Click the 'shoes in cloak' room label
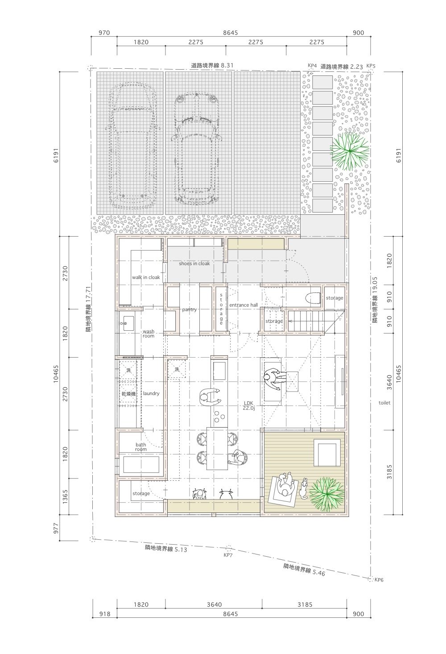pos(194,263)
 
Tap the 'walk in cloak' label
pos(146,277)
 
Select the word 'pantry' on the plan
pos(189,310)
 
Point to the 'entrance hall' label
pos(244,305)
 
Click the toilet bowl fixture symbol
pos(312,298)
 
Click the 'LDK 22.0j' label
pos(249,405)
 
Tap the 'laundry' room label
pos(151,393)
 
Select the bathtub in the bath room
pos(141,464)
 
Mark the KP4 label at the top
pos(312,65)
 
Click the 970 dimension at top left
pos(104,33)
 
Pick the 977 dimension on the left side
pos(56,528)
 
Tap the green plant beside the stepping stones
pos(350,150)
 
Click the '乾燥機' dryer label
pos(128,394)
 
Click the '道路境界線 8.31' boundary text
pos(212,65)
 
